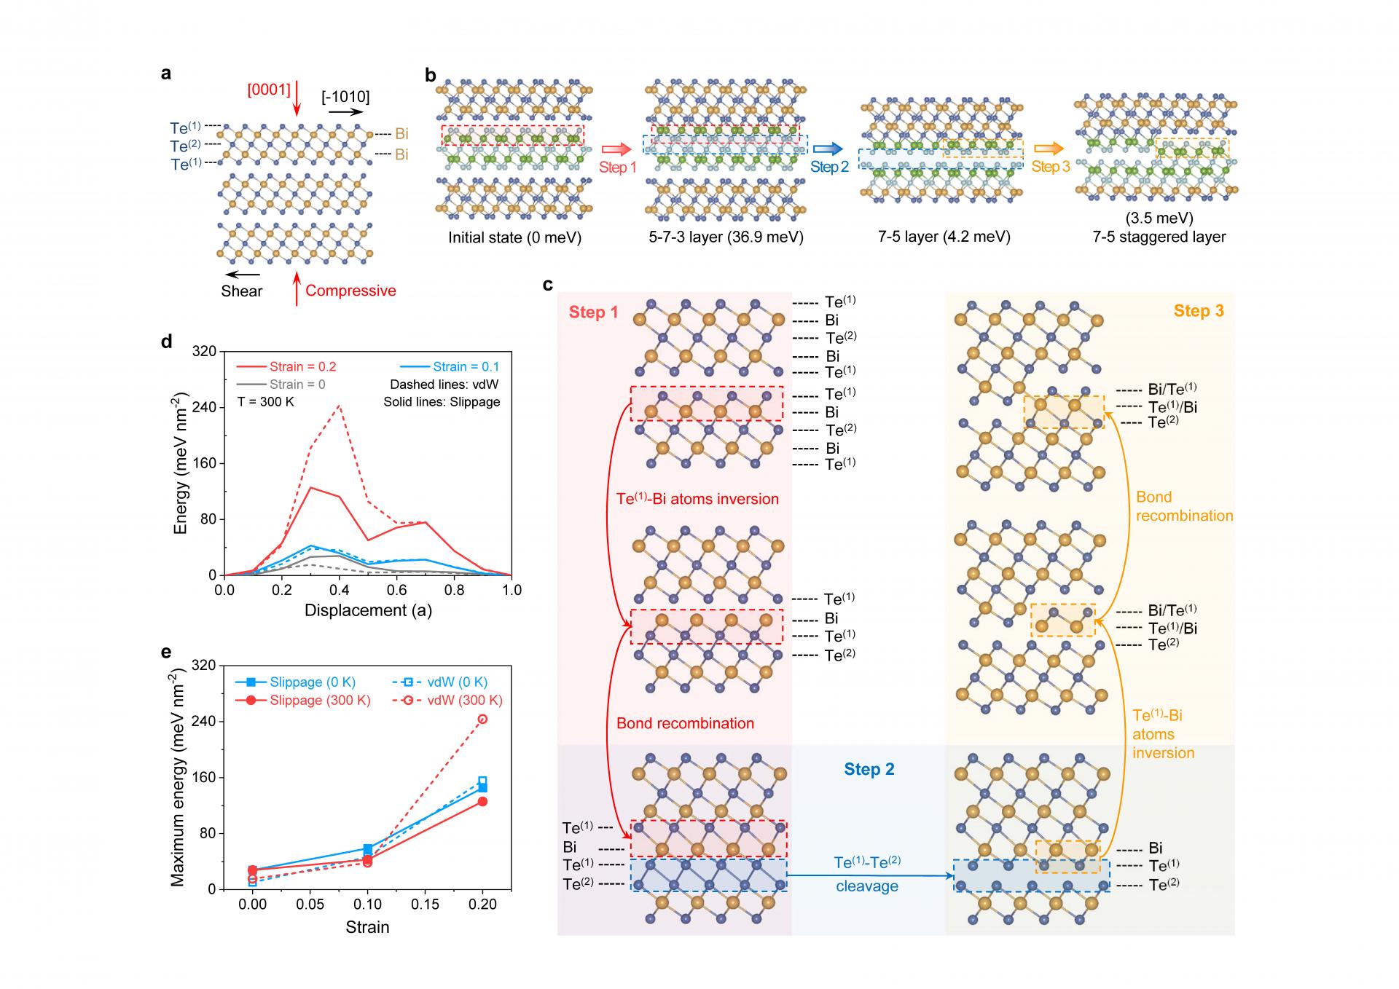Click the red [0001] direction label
pyautogui.click(x=269, y=90)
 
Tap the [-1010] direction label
pyautogui.click(x=345, y=97)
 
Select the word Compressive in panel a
pyautogui.click(x=350, y=291)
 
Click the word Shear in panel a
pyautogui.click(x=242, y=291)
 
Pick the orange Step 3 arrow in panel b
pyautogui.click(x=1049, y=149)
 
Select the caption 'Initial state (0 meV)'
pyautogui.click(x=514, y=237)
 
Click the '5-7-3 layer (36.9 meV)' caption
pyautogui.click(x=726, y=237)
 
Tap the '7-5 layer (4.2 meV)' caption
pyautogui.click(x=945, y=237)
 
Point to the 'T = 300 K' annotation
pyautogui.click(x=266, y=401)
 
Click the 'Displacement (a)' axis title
pyautogui.click(x=368, y=610)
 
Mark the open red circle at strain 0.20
pyautogui.click(x=482, y=720)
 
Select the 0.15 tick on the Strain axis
pyautogui.click(x=425, y=905)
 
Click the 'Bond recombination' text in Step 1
pyautogui.click(x=685, y=723)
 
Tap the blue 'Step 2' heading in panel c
pyautogui.click(x=869, y=770)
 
